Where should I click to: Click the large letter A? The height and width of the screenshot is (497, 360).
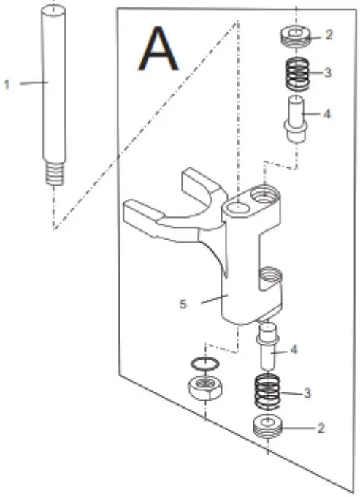coord(159,50)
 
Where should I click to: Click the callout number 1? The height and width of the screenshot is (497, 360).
coord(7,85)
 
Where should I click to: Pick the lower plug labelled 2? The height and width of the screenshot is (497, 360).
coord(269,428)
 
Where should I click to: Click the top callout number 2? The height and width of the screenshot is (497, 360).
coord(329,35)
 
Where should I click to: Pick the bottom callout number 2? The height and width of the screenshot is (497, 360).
coord(319,429)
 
